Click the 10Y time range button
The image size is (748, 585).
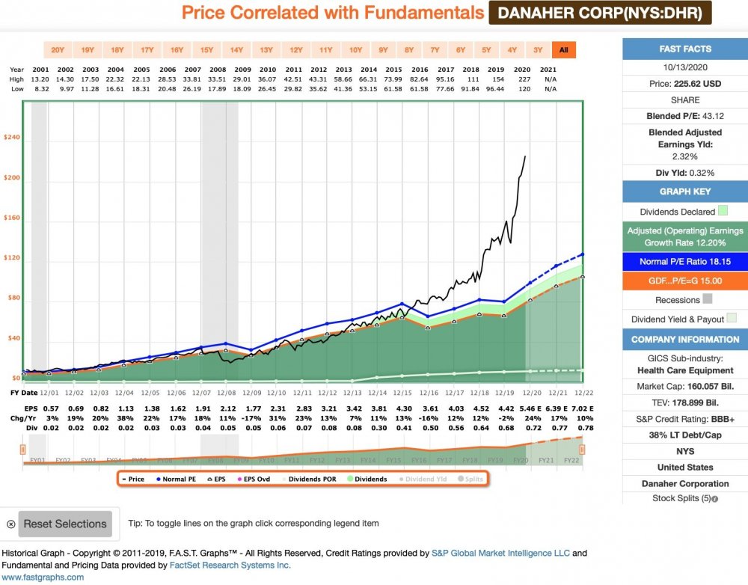coord(355,50)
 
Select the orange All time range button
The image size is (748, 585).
coord(563,50)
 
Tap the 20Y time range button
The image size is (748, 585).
coord(58,50)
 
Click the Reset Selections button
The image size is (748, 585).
coord(65,524)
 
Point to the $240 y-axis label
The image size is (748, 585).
coord(11,138)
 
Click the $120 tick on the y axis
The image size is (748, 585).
coord(11,258)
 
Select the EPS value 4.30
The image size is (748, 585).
coord(402,409)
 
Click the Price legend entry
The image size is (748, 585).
coord(132,479)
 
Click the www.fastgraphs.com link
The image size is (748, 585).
coord(42,577)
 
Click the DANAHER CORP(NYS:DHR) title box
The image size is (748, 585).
coord(600,13)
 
